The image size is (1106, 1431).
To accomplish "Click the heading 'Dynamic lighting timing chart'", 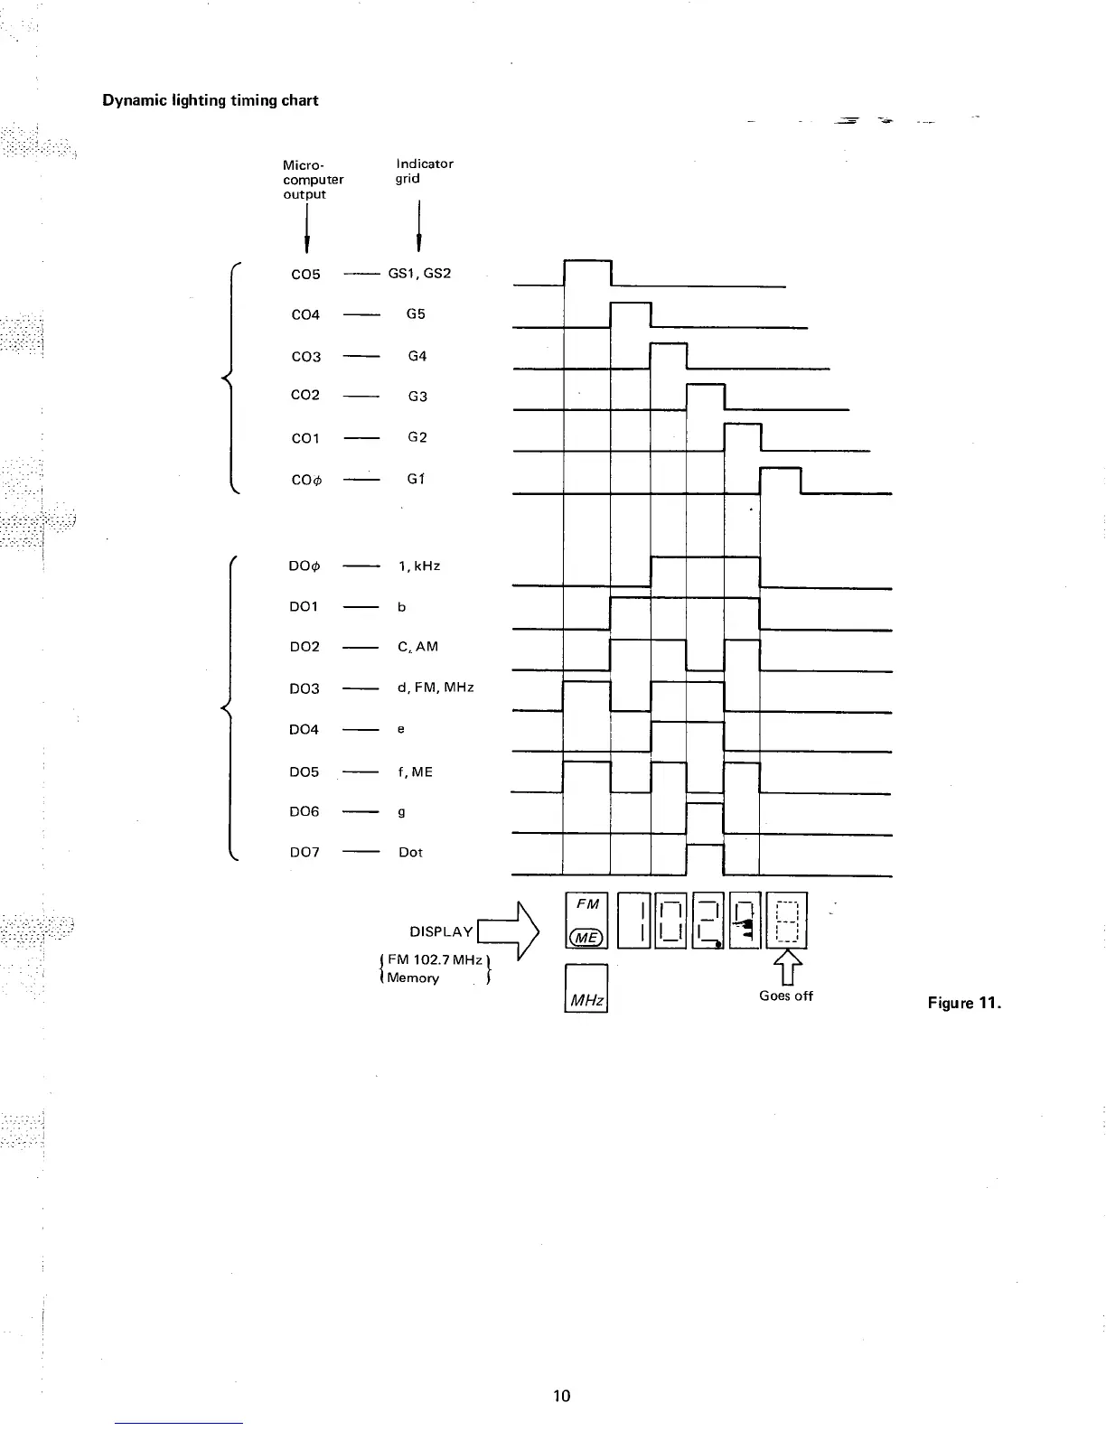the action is click(210, 100).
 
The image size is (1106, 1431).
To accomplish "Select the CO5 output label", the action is click(305, 274).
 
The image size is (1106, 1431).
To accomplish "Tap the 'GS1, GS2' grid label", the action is click(418, 273).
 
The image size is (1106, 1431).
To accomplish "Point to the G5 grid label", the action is click(416, 314).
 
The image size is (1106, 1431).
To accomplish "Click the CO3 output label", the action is click(305, 357).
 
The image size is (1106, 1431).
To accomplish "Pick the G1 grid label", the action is click(416, 479).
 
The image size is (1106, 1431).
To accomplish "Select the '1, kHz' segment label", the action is click(418, 566).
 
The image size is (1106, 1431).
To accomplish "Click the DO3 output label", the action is click(304, 688).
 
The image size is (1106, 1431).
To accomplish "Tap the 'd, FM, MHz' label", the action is click(436, 687).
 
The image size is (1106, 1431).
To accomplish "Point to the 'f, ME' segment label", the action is click(415, 772).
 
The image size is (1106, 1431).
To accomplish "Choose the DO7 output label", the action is click(304, 852).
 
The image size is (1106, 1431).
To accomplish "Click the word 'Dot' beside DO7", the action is click(410, 852).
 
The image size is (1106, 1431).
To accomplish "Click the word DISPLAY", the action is click(441, 931).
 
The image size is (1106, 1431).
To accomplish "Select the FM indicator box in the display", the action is click(587, 904).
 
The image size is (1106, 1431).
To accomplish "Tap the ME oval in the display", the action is click(586, 938).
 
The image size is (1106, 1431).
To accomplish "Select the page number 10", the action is click(561, 1396).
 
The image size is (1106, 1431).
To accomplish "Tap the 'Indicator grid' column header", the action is click(424, 171).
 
